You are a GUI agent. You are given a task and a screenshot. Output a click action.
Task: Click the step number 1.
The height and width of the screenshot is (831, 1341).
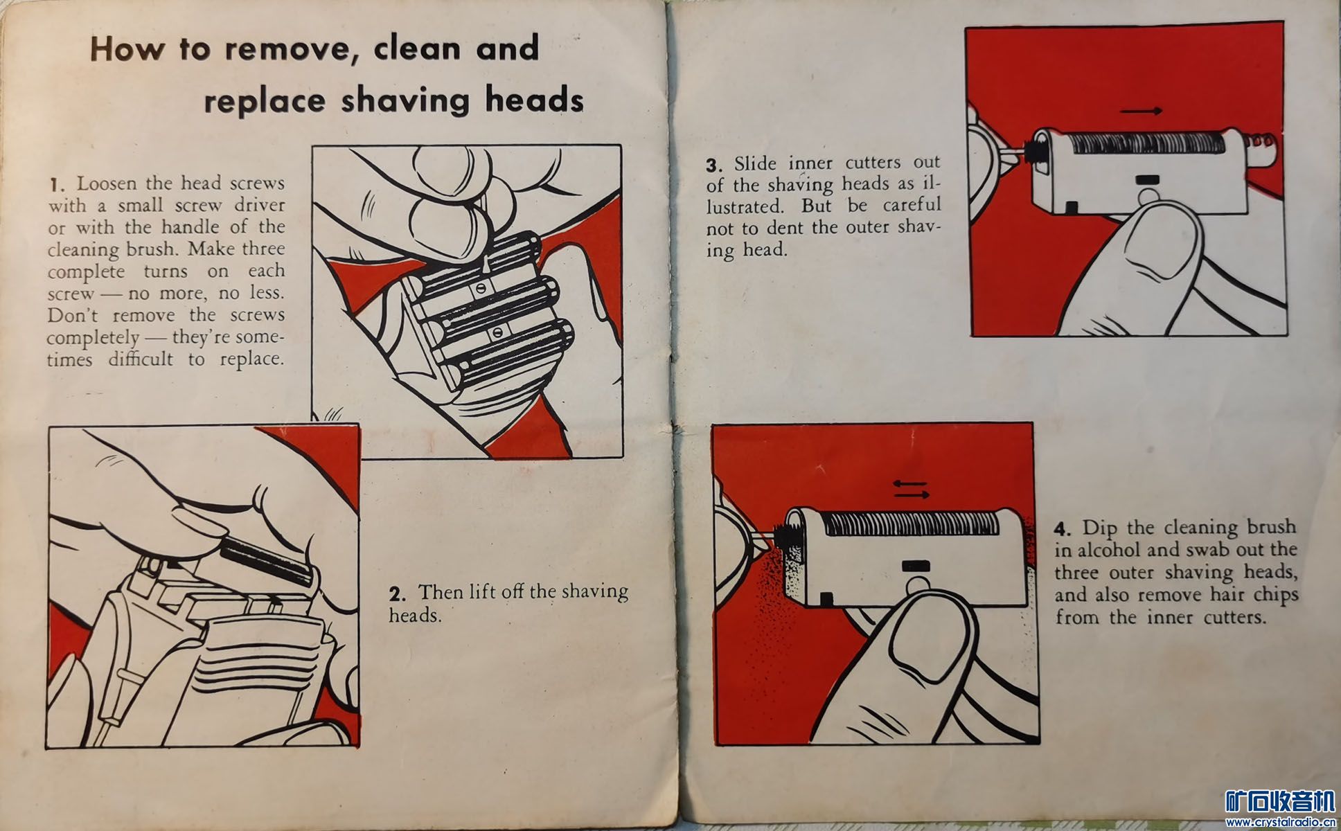(x=57, y=185)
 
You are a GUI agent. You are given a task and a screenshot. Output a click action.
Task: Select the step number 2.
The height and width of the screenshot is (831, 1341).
(x=398, y=593)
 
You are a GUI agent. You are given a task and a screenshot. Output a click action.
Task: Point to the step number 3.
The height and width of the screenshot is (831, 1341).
(x=716, y=166)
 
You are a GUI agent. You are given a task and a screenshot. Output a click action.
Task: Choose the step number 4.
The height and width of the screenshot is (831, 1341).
(x=1064, y=530)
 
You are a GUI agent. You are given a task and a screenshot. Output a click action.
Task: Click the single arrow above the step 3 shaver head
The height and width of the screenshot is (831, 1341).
(x=1141, y=111)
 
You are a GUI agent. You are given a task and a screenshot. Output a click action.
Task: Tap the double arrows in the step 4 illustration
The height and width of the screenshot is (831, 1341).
(x=911, y=490)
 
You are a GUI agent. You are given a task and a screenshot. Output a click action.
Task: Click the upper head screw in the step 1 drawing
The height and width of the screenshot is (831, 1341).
(x=479, y=287)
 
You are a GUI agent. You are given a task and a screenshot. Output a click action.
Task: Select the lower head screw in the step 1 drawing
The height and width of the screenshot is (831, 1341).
(x=497, y=333)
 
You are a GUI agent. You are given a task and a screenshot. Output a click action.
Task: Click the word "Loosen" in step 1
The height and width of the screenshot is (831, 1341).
(x=108, y=184)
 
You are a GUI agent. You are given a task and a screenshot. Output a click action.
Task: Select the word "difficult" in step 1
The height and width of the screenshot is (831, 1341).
(x=141, y=359)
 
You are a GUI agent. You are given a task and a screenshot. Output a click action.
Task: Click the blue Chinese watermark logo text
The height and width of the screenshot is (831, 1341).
(x=1279, y=802)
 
